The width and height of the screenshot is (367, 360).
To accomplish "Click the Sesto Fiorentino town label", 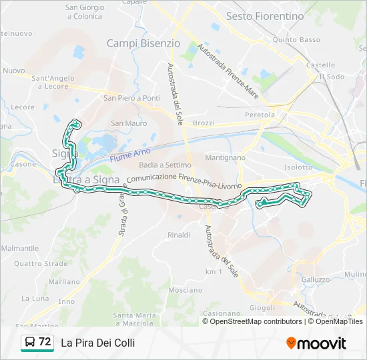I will (x=264, y=16).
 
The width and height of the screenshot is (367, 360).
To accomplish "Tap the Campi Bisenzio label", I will (x=143, y=43).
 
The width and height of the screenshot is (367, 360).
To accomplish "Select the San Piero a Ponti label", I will (x=131, y=98).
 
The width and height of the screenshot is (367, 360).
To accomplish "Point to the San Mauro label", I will (x=129, y=123).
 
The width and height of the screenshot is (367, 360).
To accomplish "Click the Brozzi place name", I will (x=204, y=123).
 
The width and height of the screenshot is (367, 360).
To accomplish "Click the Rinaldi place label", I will (x=179, y=235).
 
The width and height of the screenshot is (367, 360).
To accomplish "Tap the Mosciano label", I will (x=186, y=290).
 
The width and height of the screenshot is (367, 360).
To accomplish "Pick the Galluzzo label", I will (x=316, y=279).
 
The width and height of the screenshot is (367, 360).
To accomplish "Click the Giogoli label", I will (x=262, y=308).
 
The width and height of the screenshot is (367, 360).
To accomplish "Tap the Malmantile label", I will (x=21, y=248).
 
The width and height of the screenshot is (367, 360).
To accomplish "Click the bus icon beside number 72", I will (x=30, y=343).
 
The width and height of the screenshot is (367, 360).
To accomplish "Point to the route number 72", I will (x=45, y=342).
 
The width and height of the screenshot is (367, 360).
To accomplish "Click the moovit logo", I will (x=316, y=343).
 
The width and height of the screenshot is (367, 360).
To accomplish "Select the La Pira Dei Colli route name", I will (x=98, y=343).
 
